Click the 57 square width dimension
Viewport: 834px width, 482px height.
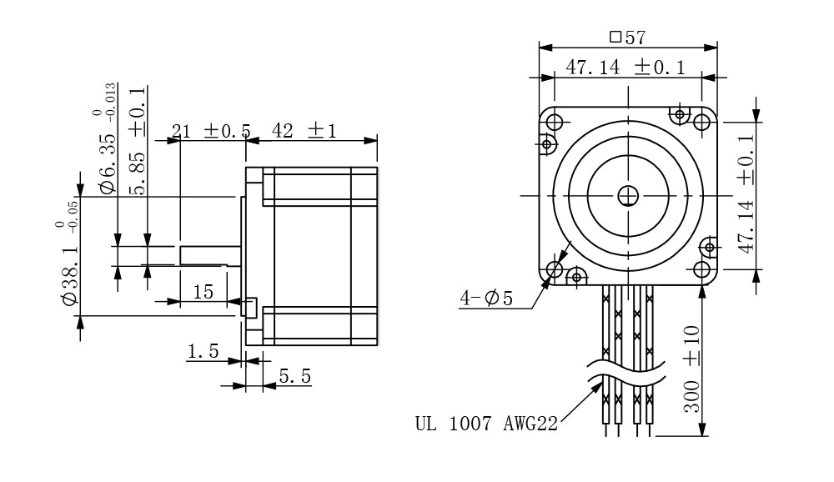pos(628,37)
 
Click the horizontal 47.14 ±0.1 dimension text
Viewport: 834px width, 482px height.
pos(625,68)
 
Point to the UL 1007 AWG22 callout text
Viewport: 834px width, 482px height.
pos(485,423)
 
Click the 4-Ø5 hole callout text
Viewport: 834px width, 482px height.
pos(486,298)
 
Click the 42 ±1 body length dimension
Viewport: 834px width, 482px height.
pos(304,131)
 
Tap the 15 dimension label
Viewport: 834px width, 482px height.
pos(203,291)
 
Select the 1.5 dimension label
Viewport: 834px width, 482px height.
pos(203,352)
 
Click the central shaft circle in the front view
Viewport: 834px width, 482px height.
pos(627,195)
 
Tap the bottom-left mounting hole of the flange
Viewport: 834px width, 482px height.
pos(555,269)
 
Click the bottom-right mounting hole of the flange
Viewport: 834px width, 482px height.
pos(701,269)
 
